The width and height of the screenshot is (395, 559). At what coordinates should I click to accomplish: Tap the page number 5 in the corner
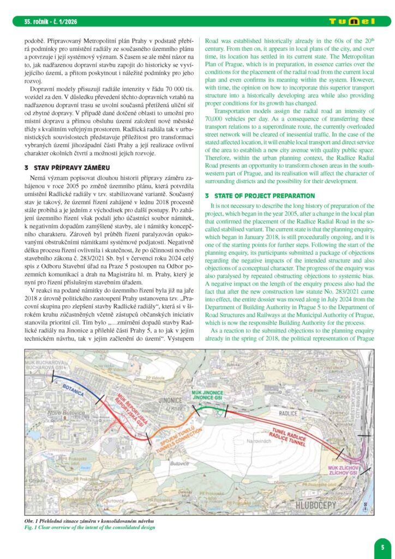coord(382,545)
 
